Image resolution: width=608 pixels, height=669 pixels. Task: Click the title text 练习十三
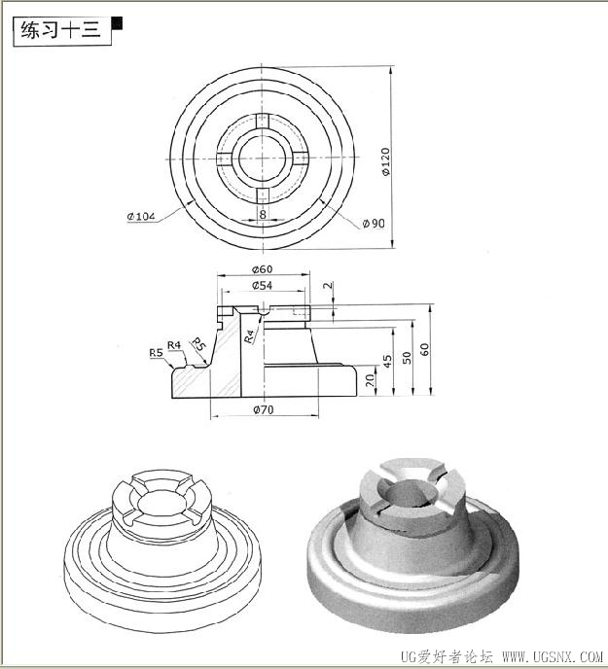click(60, 30)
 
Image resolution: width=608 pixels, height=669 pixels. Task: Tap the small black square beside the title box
click(117, 23)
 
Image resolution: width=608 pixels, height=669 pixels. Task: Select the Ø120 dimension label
click(385, 161)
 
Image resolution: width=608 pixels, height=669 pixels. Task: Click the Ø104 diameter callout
click(140, 216)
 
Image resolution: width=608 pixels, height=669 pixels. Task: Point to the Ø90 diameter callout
click(374, 223)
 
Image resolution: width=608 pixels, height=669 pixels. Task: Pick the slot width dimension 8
click(263, 213)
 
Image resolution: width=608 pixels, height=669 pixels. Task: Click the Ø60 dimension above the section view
click(262, 269)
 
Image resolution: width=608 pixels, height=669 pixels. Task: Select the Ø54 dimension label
click(262, 285)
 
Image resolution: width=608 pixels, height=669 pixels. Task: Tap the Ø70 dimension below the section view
click(263, 409)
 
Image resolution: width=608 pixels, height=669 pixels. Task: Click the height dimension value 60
click(424, 349)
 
